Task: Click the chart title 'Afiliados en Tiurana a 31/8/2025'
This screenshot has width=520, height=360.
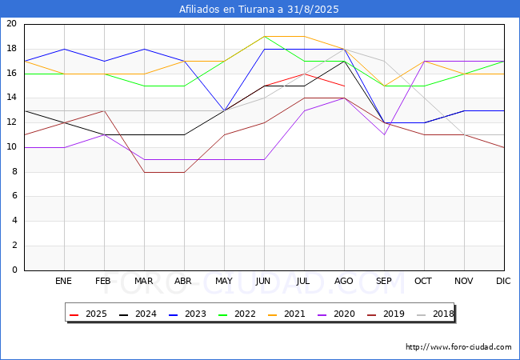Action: coord(258,9)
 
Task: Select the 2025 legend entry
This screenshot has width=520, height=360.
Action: coord(89,314)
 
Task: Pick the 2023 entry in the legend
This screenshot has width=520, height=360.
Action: coord(188,314)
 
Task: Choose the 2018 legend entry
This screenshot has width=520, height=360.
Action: coord(436,314)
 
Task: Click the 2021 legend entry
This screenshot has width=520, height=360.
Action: coord(287,314)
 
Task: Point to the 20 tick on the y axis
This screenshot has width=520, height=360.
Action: coord(12,23)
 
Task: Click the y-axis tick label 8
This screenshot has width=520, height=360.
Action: coord(14,172)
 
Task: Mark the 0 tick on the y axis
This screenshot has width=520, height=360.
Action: coord(14,270)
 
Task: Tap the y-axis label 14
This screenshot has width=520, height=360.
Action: coord(12,98)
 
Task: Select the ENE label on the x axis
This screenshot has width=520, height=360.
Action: coord(63,281)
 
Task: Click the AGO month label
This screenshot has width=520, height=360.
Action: coord(343,281)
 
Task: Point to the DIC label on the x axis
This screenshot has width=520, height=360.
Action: coord(503,281)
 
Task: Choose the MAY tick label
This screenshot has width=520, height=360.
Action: coord(224,281)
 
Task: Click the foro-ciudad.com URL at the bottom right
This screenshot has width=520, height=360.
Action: coord(458,347)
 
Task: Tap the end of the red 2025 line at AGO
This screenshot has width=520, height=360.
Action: coord(344,86)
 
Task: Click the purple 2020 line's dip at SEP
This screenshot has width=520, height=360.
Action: coord(384,134)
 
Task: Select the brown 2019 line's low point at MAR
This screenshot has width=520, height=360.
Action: coord(144,172)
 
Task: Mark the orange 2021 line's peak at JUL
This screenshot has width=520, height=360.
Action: coord(305,37)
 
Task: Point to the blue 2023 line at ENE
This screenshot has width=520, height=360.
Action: coord(64,49)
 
